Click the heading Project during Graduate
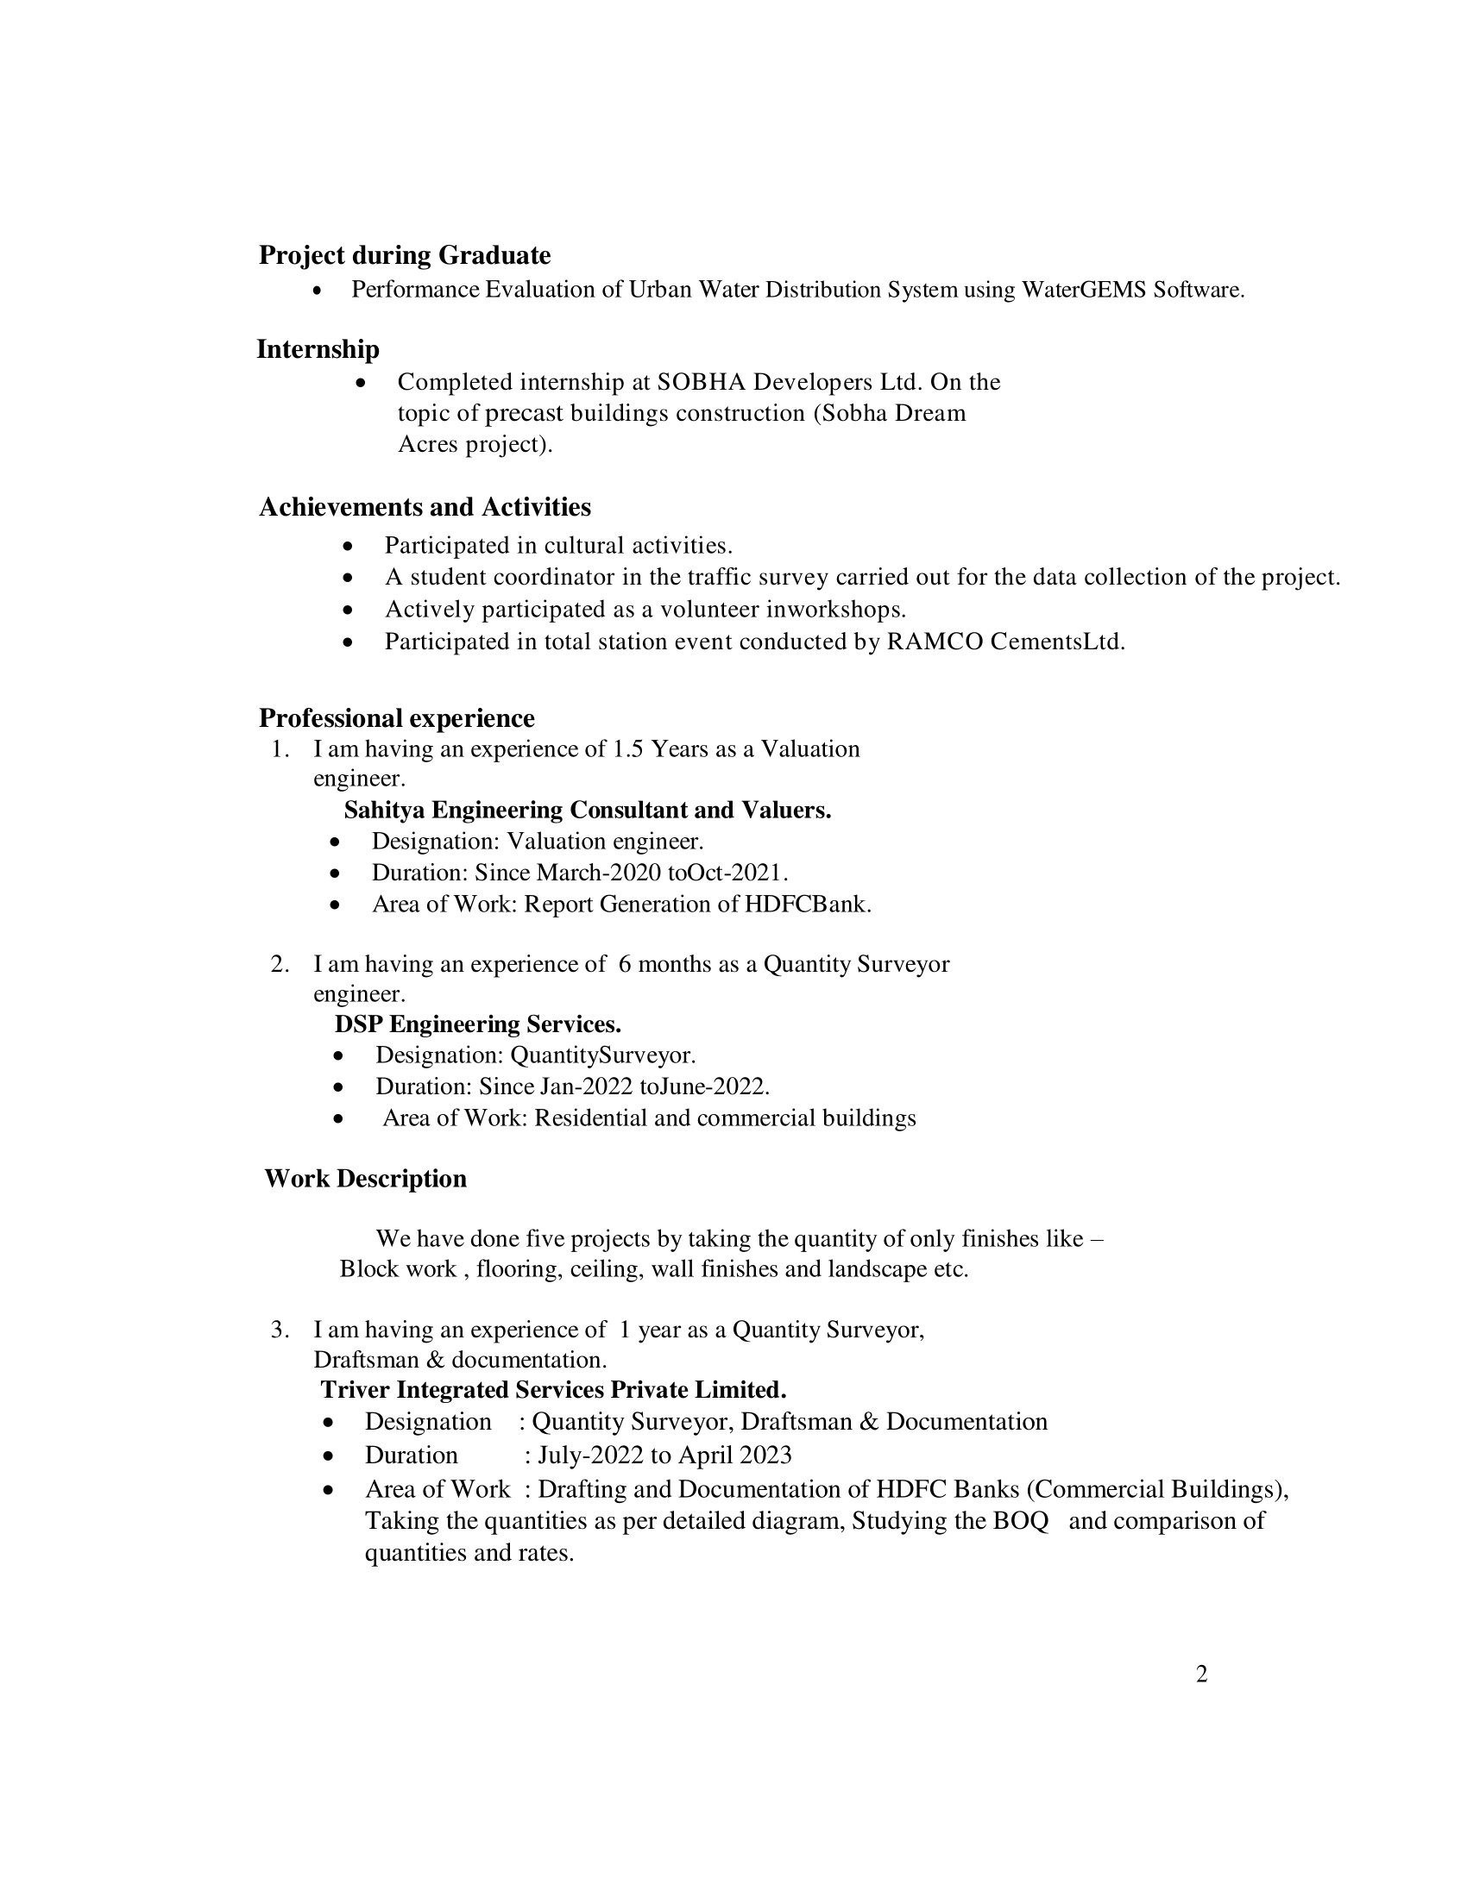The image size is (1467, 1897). tap(404, 255)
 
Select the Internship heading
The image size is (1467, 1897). tap(318, 349)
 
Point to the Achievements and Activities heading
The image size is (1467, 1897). tap(424, 507)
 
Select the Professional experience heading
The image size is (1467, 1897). tap(396, 718)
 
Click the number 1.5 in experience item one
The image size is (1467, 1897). tap(627, 748)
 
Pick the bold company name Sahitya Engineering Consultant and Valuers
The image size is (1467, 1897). tap(588, 811)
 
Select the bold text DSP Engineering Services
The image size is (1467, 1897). tap(477, 1025)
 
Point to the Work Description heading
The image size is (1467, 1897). tap(365, 1179)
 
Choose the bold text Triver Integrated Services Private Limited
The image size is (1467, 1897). tap(553, 1390)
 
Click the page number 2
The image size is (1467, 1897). tap(1201, 1674)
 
